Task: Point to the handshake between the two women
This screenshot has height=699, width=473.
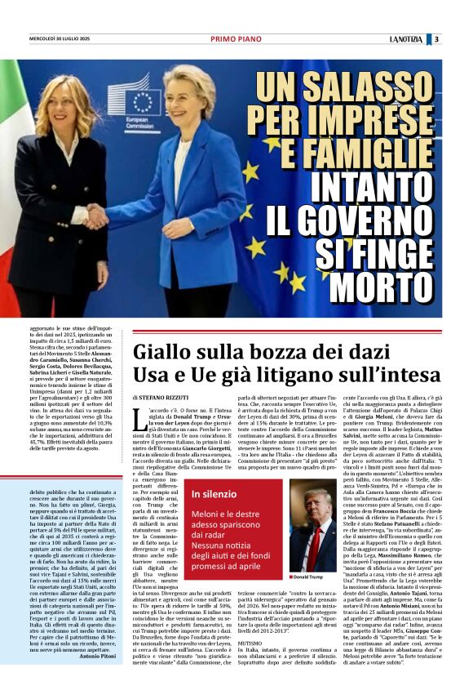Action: point(97,216)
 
